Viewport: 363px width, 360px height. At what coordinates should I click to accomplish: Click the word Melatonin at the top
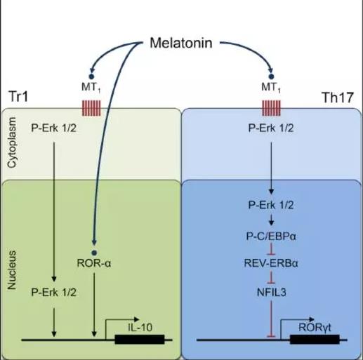(x=181, y=43)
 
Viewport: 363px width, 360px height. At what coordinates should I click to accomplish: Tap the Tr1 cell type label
(x=18, y=96)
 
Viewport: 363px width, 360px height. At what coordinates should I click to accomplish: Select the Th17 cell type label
(x=338, y=98)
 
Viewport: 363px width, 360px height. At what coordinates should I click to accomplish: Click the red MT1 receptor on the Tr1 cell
(x=91, y=108)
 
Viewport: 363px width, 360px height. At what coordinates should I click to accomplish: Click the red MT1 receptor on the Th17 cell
(x=271, y=108)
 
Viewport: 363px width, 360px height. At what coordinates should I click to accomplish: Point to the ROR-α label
(x=94, y=263)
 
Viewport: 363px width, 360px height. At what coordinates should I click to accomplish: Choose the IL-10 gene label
(x=140, y=327)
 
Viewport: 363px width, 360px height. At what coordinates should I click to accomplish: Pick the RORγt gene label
(x=315, y=328)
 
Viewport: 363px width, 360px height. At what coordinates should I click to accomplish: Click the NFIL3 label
(x=272, y=293)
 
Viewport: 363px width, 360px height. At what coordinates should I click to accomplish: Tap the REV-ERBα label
(x=271, y=263)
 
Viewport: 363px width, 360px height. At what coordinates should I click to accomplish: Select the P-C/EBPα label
(x=271, y=236)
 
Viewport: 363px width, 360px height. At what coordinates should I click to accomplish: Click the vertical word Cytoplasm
(x=12, y=142)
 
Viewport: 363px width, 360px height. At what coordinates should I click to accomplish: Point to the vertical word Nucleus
(x=12, y=270)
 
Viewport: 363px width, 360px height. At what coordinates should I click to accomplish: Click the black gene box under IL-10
(x=140, y=340)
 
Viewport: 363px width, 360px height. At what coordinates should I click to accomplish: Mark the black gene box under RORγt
(x=315, y=340)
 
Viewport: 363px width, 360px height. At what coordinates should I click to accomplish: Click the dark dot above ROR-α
(x=94, y=253)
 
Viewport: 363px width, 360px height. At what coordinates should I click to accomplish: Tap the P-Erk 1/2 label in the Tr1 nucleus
(x=54, y=293)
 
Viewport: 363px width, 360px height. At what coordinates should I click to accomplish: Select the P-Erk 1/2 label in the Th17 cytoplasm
(x=271, y=128)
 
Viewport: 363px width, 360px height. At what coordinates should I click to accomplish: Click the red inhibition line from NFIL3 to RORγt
(x=271, y=319)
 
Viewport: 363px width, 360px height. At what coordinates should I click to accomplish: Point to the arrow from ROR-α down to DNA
(x=94, y=305)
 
